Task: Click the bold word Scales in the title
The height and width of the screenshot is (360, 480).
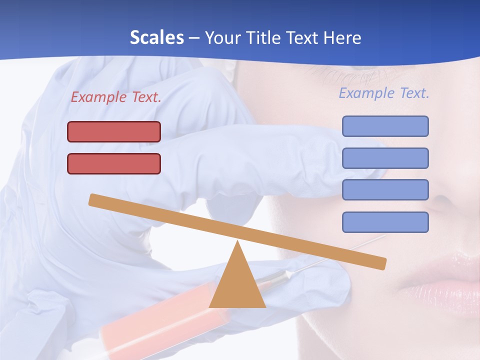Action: click(156, 38)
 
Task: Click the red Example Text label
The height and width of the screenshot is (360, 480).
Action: click(116, 97)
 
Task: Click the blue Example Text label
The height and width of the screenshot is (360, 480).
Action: click(384, 93)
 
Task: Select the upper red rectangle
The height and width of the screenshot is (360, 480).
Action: click(114, 131)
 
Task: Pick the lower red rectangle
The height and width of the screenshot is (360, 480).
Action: click(114, 163)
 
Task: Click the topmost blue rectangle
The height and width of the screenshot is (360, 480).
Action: click(385, 126)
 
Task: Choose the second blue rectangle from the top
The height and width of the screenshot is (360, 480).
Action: click(385, 158)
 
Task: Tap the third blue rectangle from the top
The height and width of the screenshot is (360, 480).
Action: click(385, 190)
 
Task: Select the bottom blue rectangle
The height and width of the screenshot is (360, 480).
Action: click(385, 222)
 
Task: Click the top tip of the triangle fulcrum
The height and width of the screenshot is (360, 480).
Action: click(237, 243)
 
